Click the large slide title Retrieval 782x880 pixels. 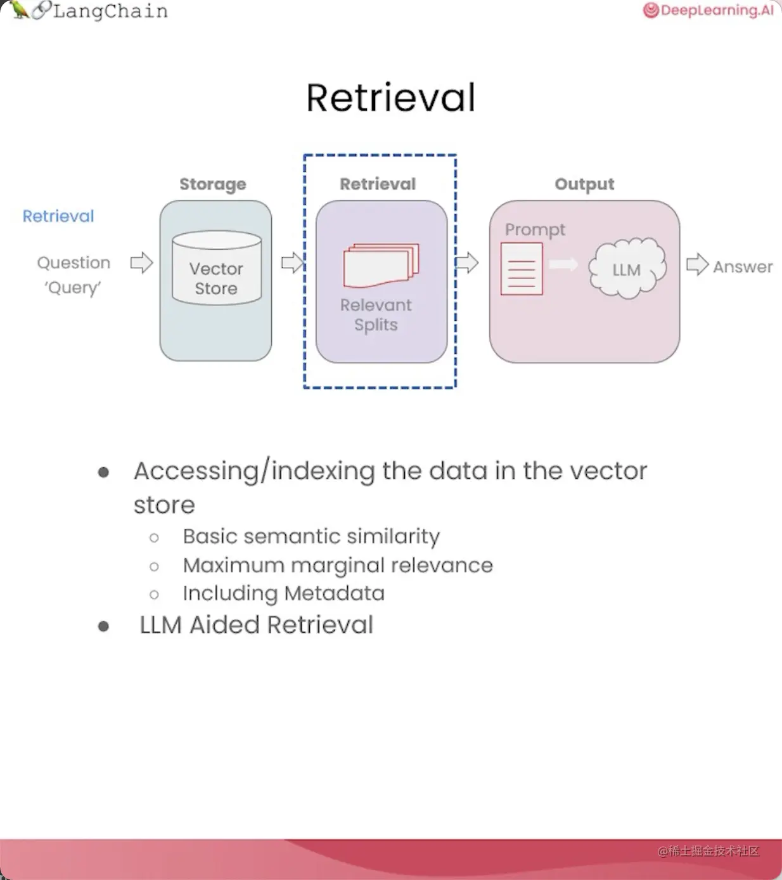[x=390, y=98]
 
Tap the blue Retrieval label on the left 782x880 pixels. [x=58, y=216]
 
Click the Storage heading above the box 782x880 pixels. [x=213, y=184]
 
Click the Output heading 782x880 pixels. [x=584, y=184]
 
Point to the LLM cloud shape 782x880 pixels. [x=627, y=269]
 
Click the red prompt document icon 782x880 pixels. [x=522, y=269]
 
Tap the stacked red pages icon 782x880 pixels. [x=381, y=265]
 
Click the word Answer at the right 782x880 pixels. [x=743, y=267]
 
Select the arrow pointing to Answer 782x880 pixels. [x=697, y=264]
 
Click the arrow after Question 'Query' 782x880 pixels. [x=141, y=262]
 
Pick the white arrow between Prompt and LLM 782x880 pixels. [x=563, y=264]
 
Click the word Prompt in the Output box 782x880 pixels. [x=535, y=230]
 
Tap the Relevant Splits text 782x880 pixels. [x=376, y=314]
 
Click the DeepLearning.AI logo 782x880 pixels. [x=708, y=10]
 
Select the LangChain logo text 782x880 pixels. [x=110, y=11]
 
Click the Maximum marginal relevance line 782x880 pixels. [x=338, y=565]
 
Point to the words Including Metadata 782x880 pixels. [x=283, y=593]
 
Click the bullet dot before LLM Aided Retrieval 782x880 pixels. [x=104, y=626]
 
